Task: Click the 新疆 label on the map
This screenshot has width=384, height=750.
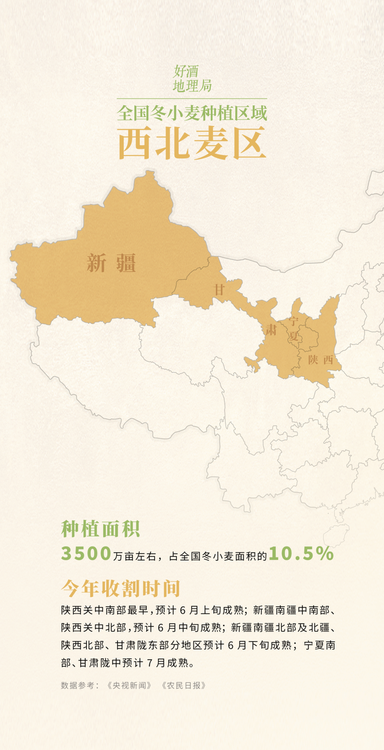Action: [111, 264]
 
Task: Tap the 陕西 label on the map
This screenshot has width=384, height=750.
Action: [321, 360]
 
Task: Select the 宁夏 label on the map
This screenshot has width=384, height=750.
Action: [294, 329]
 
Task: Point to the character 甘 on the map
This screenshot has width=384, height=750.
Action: [219, 290]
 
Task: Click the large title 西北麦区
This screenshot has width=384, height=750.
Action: [192, 143]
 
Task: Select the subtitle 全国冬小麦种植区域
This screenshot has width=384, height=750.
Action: [192, 113]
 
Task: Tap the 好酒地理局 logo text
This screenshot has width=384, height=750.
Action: [192, 79]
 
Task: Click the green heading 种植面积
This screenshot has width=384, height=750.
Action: [100, 529]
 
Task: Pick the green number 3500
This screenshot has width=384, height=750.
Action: [86, 554]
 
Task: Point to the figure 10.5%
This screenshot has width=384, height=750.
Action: [301, 554]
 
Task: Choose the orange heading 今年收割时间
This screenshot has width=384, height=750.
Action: [120, 588]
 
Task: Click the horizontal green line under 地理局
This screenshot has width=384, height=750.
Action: [192, 98]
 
